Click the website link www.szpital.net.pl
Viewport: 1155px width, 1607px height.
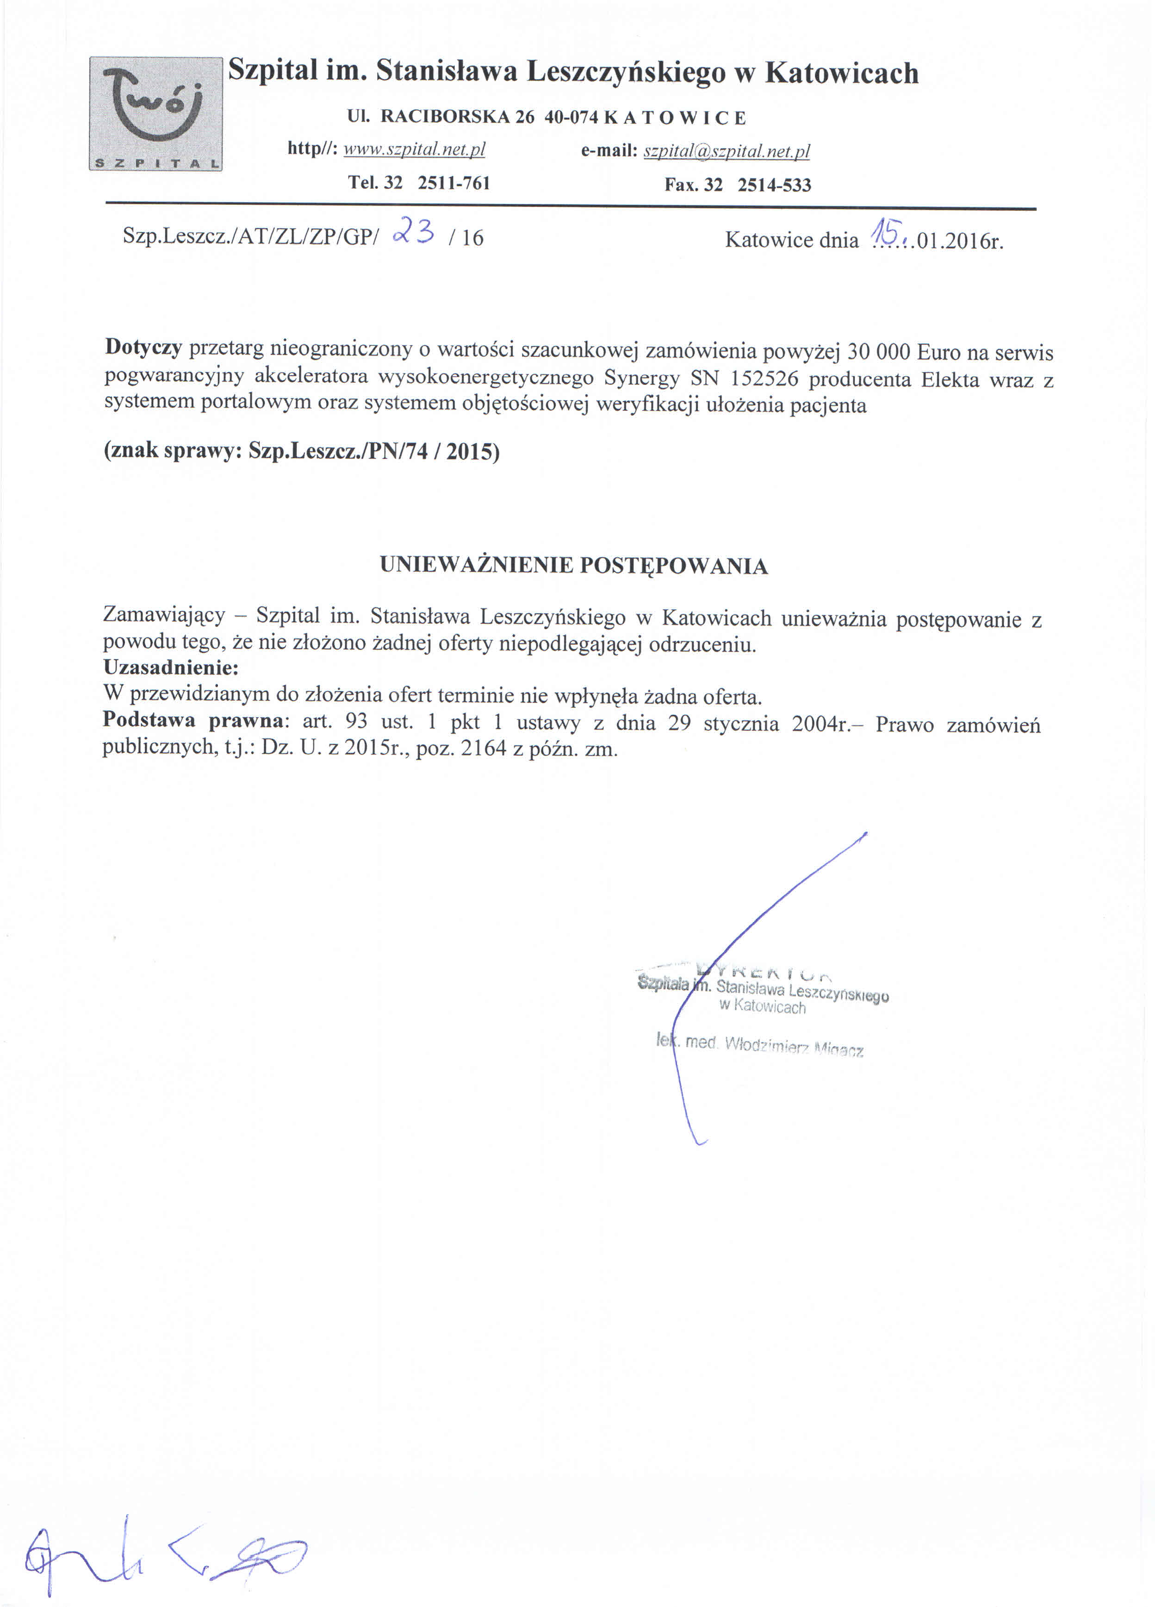pos(414,149)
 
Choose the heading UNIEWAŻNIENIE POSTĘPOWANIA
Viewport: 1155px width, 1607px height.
pos(573,565)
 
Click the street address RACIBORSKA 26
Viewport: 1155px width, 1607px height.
pos(457,118)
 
